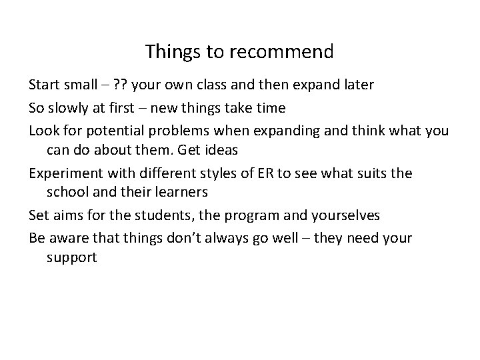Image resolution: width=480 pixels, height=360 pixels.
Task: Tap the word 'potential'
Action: pyautogui.click(x=120, y=129)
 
